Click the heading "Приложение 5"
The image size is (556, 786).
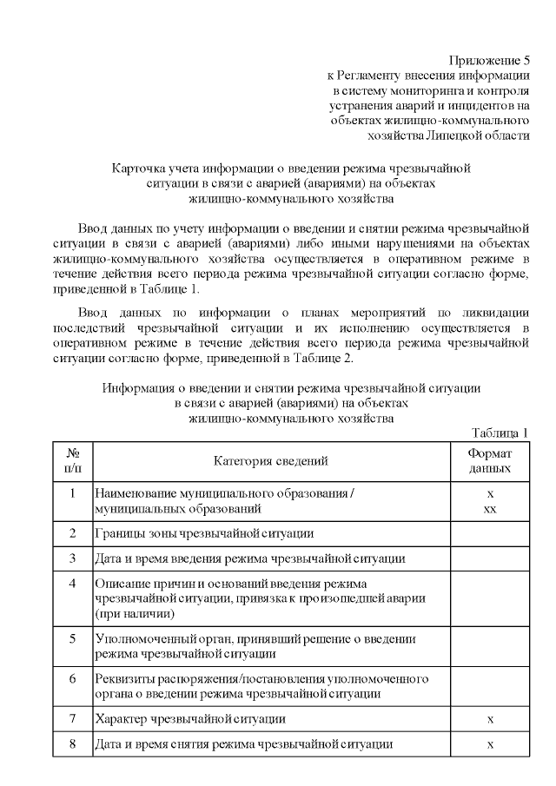(x=488, y=61)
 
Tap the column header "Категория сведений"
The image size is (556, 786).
(x=271, y=461)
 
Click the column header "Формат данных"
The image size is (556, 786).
(x=490, y=461)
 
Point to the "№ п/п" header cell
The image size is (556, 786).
(x=73, y=461)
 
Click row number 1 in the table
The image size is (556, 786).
(x=73, y=493)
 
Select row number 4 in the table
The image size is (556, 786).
(x=73, y=583)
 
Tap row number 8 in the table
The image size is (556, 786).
(x=73, y=744)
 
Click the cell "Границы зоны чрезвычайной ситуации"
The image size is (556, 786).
(x=204, y=533)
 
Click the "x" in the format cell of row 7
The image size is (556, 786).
(x=490, y=720)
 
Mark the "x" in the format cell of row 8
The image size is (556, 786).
(x=490, y=744)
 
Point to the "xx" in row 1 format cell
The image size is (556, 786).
(x=490, y=509)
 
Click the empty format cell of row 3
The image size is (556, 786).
(x=490, y=558)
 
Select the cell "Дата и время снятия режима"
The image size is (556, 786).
(x=244, y=744)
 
